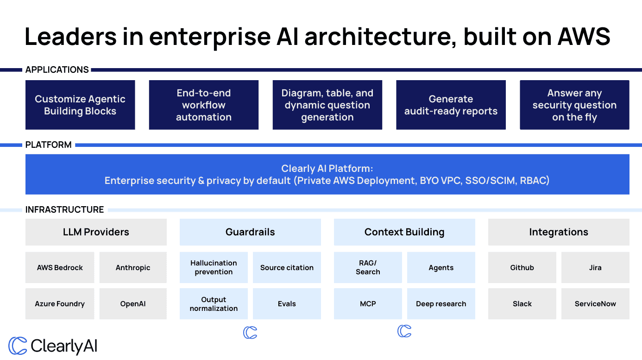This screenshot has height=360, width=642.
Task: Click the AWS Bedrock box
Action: [x=60, y=267]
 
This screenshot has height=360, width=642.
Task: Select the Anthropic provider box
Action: [x=133, y=267]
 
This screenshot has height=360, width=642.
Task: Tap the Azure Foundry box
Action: [x=60, y=304]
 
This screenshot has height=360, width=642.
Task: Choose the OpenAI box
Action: [x=133, y=304]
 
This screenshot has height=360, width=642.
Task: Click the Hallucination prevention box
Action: [x=214, y=267]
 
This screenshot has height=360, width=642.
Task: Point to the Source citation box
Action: [x=287, y=267]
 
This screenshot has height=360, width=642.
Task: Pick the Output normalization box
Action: [x=214, y=304]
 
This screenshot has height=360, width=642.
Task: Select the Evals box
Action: [x=287, y=304]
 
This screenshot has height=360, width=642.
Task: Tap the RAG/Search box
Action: [x=368, y=267]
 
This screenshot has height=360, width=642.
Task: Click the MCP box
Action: [x=368, y=304]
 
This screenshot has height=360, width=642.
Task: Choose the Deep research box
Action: [x=441, y=304]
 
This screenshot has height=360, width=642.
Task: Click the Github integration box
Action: [x=522, y=267]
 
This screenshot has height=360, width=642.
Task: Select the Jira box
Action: [x=595, y=267]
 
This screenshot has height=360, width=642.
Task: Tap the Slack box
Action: [x=522, y=304]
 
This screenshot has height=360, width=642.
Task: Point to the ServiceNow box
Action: [x=595, y=304]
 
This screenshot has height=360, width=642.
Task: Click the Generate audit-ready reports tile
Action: [x=451, y=105]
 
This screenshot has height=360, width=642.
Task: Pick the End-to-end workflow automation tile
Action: [x=203, y=105]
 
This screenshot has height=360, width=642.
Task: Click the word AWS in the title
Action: [x=584, y=37]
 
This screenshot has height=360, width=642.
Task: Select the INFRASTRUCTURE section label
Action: [x=64, y=209]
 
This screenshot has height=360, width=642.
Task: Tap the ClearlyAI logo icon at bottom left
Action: [x=18, y=346]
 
